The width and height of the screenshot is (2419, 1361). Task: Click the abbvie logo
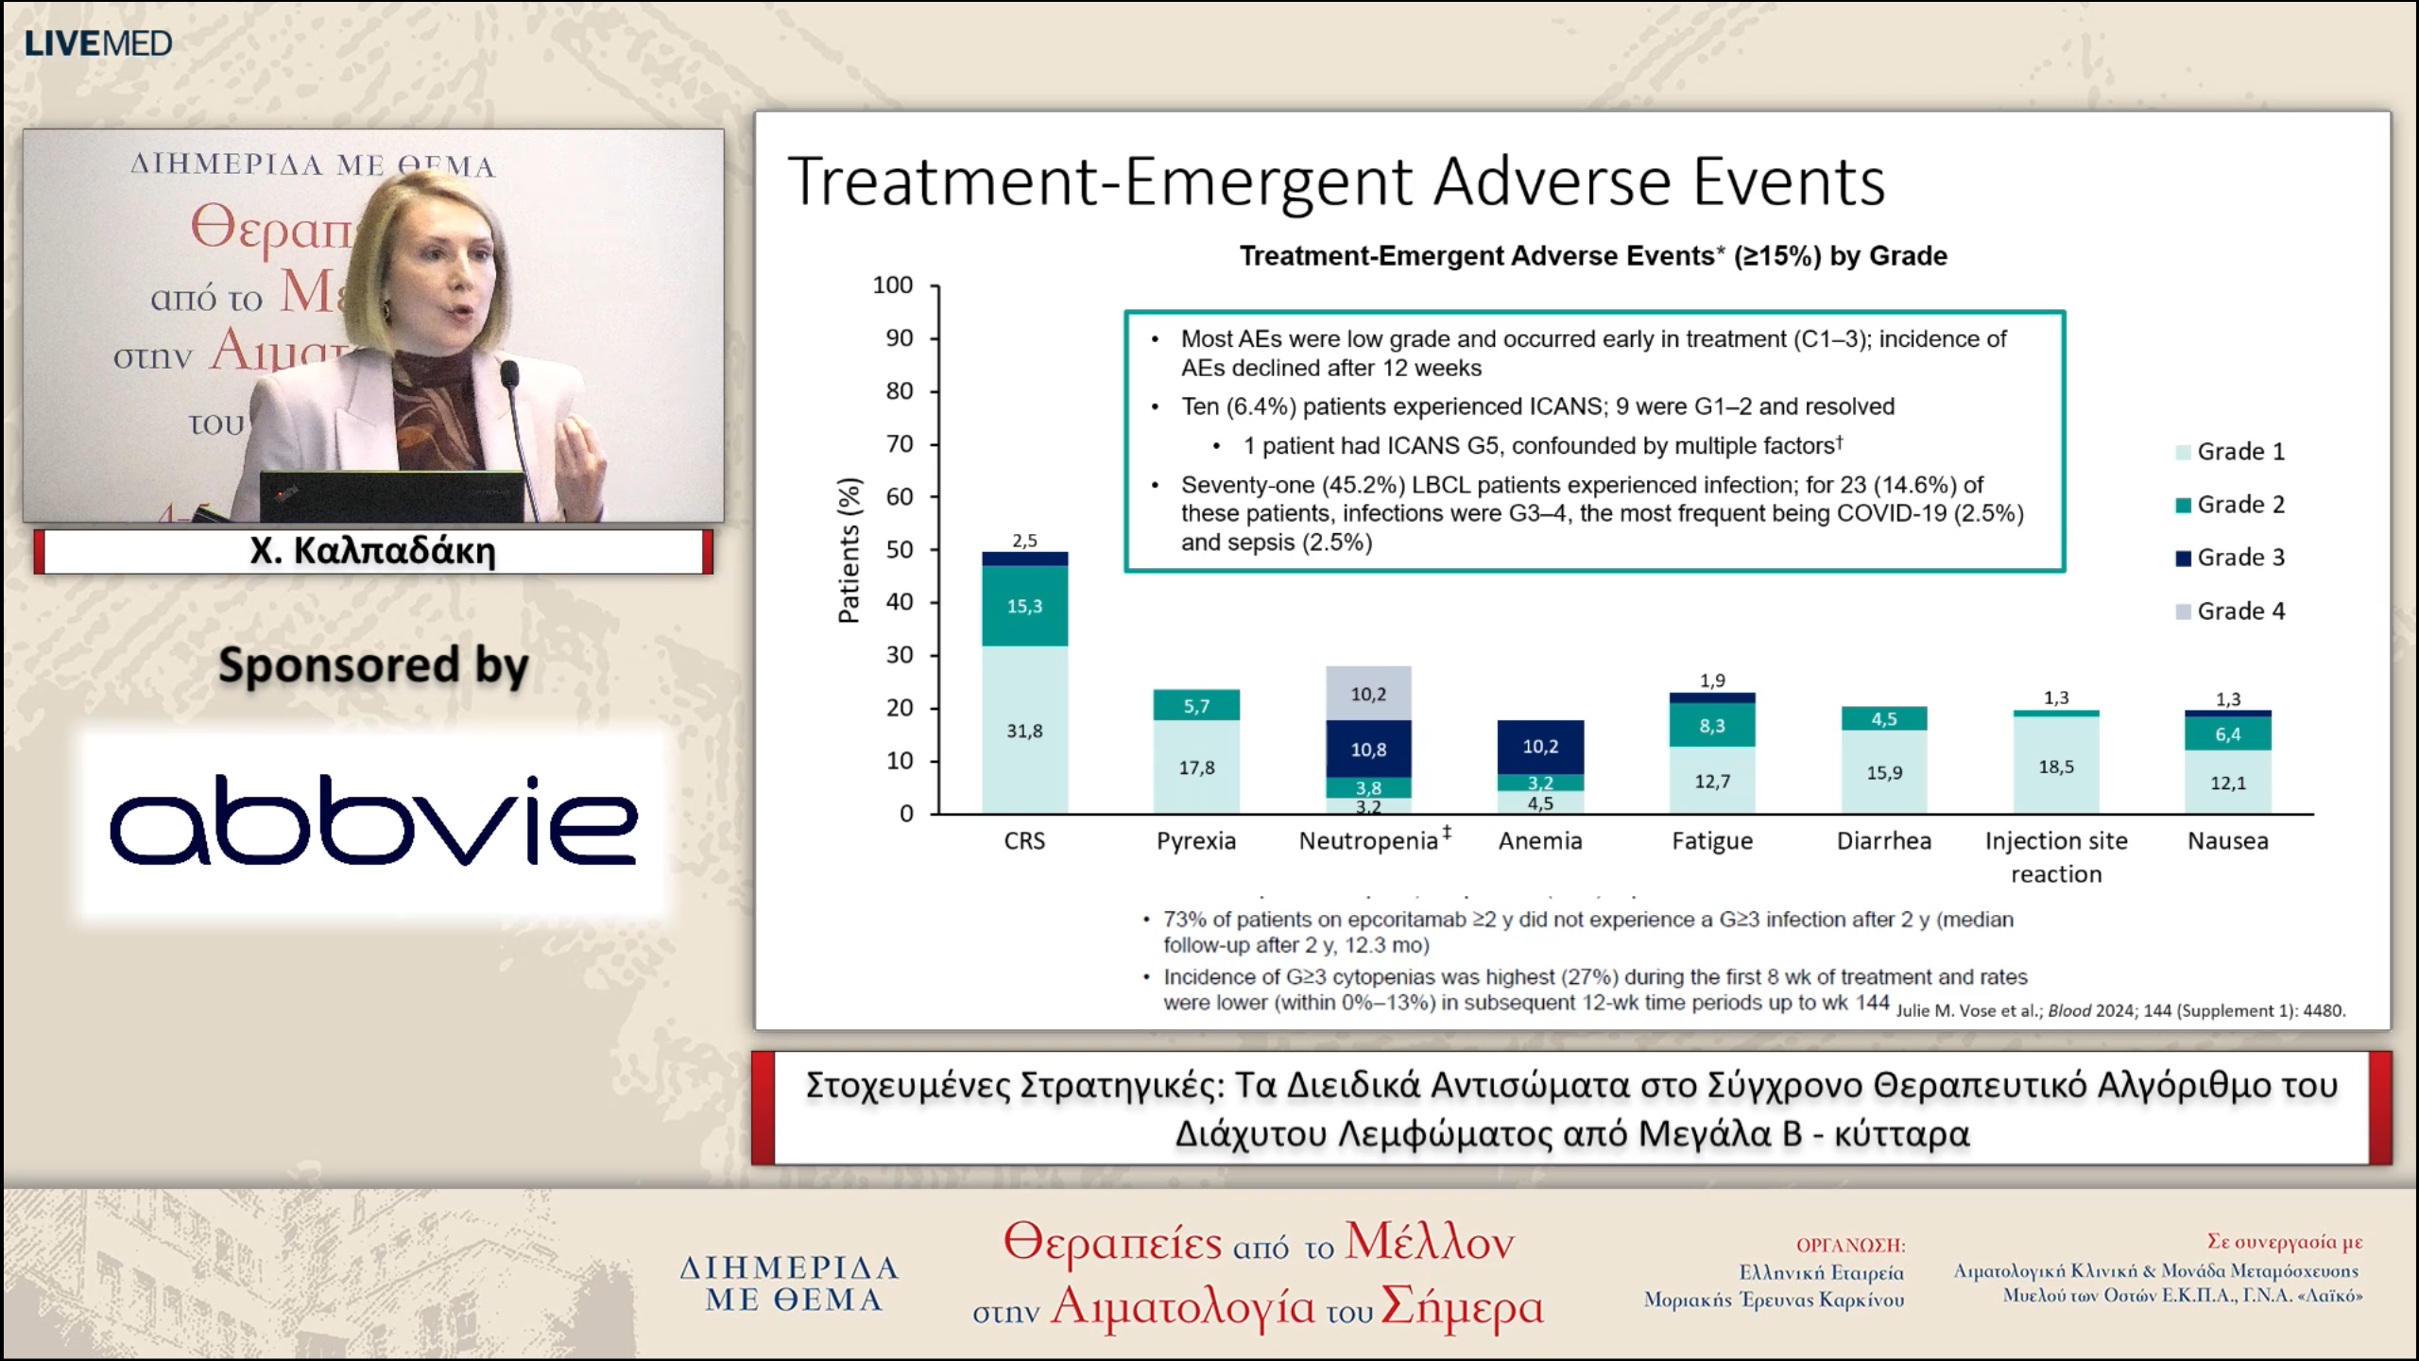point(373,820)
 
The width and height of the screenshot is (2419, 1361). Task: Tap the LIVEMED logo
point(98,43)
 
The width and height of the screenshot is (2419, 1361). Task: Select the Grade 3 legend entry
point(2230,558)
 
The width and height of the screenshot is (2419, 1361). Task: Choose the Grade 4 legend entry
point(2230,612)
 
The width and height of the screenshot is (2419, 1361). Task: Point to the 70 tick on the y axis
point(900,444)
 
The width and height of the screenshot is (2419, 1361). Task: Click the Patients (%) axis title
point(849,550)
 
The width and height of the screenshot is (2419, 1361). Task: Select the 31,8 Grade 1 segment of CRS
point(1024,731)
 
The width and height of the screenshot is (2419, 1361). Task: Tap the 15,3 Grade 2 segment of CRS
point(1024,606)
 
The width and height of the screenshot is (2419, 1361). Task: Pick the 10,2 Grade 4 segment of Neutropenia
point(1368,695)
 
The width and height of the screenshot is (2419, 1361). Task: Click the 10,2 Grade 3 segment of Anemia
point(1540,747)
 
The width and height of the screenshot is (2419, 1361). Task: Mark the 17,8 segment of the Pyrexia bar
point(1196,767)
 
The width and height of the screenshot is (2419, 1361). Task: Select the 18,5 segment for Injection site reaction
point(2056,767)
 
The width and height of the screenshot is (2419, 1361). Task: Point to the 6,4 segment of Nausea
point(2227,734)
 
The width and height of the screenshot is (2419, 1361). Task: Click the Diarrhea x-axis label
point(1883,841)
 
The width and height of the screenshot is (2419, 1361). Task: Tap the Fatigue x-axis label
point(1711,841)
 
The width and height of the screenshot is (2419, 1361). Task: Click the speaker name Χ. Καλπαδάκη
point(373,551)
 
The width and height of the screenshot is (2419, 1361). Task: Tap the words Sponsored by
point(373,665)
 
